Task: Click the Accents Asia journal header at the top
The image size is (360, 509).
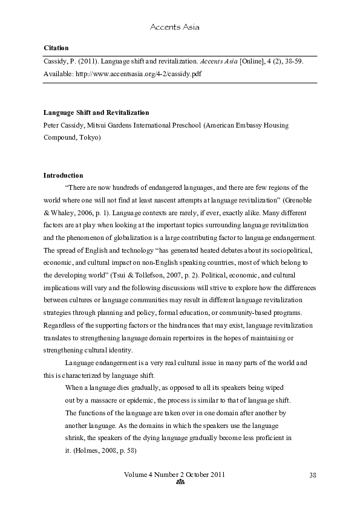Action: pyautogui.click(x=174, y=27)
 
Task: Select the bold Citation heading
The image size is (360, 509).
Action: pyautogui.click(x=56, y=47)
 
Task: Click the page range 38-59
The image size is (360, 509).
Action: pyautogui.click(x=293, y=62)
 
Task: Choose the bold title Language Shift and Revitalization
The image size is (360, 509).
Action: pyautogui.click(x=96, y=112)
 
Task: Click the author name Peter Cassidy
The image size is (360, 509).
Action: pyautogui.click(x=63, y=125)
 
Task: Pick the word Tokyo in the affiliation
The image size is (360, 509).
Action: pyautogui.click(x=90, y=137)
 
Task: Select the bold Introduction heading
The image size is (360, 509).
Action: pyautogui.click(x=63, y=175)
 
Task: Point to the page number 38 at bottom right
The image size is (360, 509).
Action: pyautogui.click(x=312, y=475)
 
